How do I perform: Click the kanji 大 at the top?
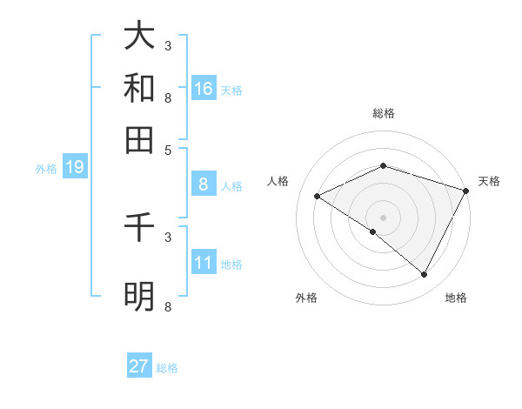click(139, 36)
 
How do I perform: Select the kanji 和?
click(139, 87)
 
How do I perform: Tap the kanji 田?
click(139, 138)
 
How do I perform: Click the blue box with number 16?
click(204, 89)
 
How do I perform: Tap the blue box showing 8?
click(204, 184)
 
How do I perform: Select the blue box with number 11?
click(204, 263)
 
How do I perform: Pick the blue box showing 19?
click(75, 167)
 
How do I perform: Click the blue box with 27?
click(139, 366)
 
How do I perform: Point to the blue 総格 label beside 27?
click(167, 368)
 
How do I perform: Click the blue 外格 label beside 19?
click(45, 169)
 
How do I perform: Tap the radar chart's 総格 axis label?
click(384, 113)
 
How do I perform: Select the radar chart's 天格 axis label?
click(489, 181)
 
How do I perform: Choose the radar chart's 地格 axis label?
click(456, 298)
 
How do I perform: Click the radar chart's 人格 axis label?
click(278, 181)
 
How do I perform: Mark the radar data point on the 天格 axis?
click(467, 191)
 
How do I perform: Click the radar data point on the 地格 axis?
click(425, 275)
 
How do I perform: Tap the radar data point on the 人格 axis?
click(318, 197)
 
